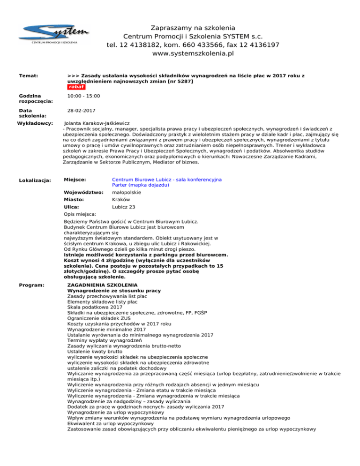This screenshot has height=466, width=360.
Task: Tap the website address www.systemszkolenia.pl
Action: pyautogui.click(x=193, y=54)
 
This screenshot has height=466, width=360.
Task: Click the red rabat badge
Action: pyautogui.click(x=75, y=87)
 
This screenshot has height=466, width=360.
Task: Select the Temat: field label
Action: pyautogui.click(x=28, y=75)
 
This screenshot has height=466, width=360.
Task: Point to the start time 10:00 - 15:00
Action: pyautogui.click(x=83, y=96)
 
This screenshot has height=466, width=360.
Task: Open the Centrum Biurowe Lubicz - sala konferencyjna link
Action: pyautogui.click(x=167, y=180)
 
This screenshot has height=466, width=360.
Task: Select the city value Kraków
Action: pyautogui.click(x=121, y=199)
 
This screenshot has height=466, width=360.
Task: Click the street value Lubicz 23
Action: pyautogui.click(x=124, y=207)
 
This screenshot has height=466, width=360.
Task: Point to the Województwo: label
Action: pyautogui.click(x=83, y=192)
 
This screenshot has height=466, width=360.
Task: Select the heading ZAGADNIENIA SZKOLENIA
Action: pyautogui.click(x=102, y=285)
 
